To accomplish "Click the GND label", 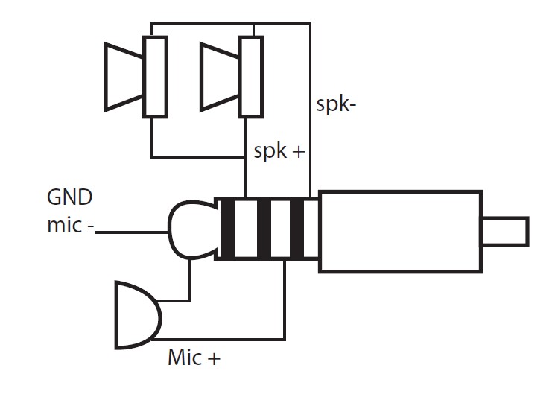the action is [x=70, y=197].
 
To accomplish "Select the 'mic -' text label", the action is [x=71, y=225].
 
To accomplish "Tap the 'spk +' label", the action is [x=279, y=151].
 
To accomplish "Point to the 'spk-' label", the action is [x=336, y=104].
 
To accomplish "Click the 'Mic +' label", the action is [x=194, y=358].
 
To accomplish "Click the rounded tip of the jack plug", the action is [x=191, y=229].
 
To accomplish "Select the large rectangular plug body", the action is [x=401, y=232].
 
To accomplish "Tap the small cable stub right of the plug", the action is [x=506, y=232].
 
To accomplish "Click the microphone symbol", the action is [x=138, y=315].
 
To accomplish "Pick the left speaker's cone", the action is [x=124, y=77].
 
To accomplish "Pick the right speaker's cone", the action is [x=220, y=77].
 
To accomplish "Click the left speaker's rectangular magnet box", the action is [x=155, y=77].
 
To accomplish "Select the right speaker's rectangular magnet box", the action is [x=251, y=77].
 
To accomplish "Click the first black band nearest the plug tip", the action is [x=228, y=229].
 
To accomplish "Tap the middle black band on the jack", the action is [x=264, y=229].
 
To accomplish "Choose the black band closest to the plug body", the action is [x=297, y=229].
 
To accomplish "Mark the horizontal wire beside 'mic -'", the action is [x=132, y=232].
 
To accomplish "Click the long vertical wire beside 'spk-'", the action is [x=310, y=110].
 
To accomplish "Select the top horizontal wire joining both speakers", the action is [x=231, y=24].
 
